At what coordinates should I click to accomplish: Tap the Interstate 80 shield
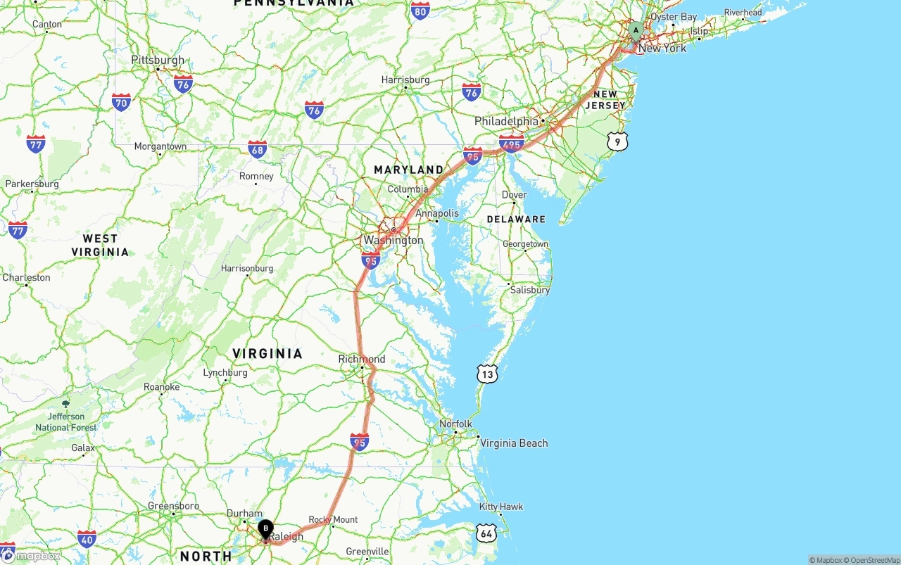coord(420,10)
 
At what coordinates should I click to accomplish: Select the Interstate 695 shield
coord(511,144)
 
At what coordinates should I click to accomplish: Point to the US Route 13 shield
coord(487,374)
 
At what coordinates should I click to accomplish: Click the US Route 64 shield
coord(485,533)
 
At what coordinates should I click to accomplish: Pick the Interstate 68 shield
coord(258,149)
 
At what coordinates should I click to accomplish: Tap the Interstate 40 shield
coord(87,540)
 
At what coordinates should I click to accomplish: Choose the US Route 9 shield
coord(617,141)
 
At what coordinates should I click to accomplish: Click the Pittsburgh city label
coord(158,61)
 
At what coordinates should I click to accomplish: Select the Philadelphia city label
coord(506,121)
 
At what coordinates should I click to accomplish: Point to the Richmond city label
coord(362,359)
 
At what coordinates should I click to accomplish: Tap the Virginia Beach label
coord(514,443)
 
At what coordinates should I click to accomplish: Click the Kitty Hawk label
coord(500,507)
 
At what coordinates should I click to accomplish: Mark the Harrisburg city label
coord(405,80)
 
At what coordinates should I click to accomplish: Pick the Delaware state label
coord(516,220)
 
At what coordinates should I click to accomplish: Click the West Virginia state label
coord(100,246)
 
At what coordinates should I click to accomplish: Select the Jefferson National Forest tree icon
coord(66,404)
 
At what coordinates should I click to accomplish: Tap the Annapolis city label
coord(437,213)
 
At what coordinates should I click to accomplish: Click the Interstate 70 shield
coord(121,103)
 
